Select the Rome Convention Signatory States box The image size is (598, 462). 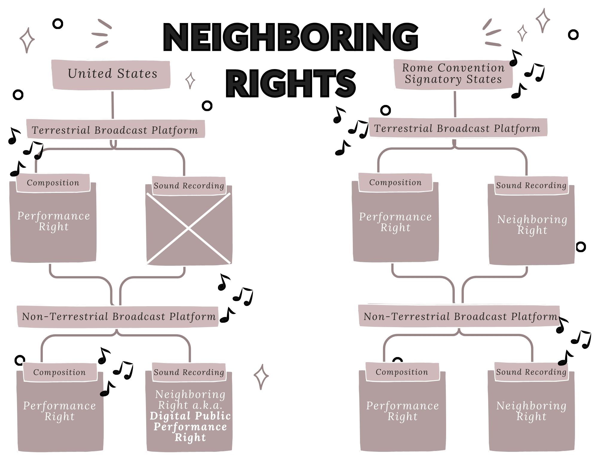click(x=453, y=74)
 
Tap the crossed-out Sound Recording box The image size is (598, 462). click(x=189, y=228)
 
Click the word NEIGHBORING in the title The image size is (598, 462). click(x=291, y=37)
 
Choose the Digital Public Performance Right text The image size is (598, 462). click(x=190, y=426)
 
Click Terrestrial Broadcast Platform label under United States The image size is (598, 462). click(x=115, y=130)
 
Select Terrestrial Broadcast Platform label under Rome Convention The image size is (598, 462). click(x=457, y=128)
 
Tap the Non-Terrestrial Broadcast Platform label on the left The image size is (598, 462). click(x=119, y=316)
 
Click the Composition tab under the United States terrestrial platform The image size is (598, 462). click(x=53, y=183)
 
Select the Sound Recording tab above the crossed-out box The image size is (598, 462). click(x=189, y=186)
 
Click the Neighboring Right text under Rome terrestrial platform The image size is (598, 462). click(x=532, y=225)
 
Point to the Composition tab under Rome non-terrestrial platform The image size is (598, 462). click(x=402, y=372)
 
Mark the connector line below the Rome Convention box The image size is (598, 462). click(x=455, y=104)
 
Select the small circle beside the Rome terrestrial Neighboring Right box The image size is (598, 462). click(x=581, y=247)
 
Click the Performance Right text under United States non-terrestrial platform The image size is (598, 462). click(x=60, y=411)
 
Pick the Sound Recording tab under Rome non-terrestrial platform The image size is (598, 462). click(x=531, y=372)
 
